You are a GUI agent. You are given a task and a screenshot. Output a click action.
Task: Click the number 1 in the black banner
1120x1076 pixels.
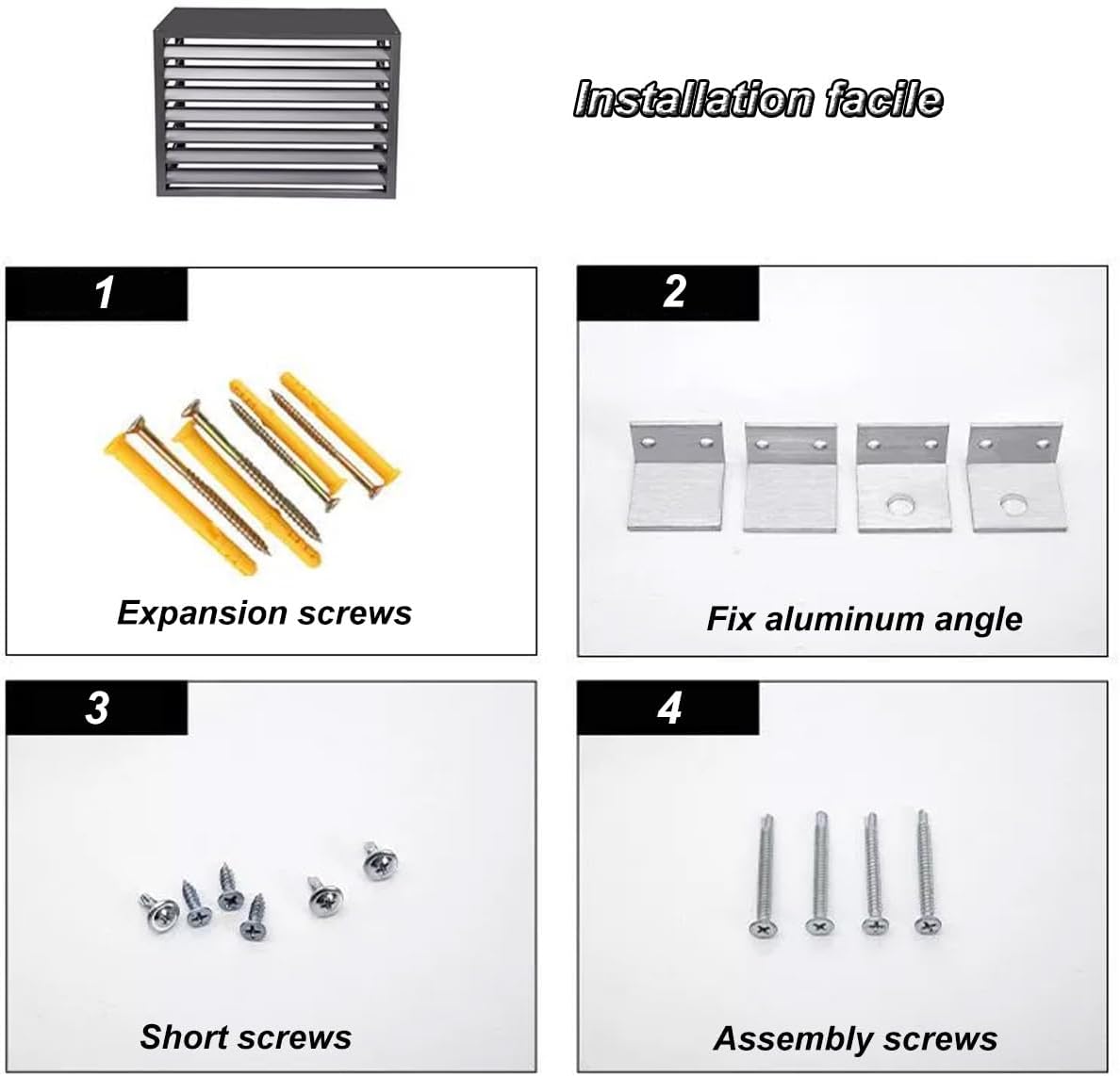click(x=105, y=292)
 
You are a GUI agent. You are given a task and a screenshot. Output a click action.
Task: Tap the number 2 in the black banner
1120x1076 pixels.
click(x=674, y=291)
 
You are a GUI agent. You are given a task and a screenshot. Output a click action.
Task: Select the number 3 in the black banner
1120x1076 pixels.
click(x=97, y=709)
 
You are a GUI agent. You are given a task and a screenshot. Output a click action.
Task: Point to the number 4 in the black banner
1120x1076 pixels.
click(x=669, y=709)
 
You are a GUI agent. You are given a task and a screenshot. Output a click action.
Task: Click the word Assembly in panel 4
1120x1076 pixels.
click(x=788, y=1039)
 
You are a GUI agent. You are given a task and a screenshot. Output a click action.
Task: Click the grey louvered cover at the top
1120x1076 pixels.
click(x=274, y=104)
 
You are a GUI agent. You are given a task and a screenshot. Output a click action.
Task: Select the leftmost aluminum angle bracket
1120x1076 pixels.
click(x=675, y=476)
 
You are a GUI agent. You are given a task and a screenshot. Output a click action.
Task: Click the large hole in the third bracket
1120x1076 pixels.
click(x=899, y=507)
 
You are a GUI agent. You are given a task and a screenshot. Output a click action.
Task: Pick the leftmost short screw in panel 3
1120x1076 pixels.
click(x=157, y=909)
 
